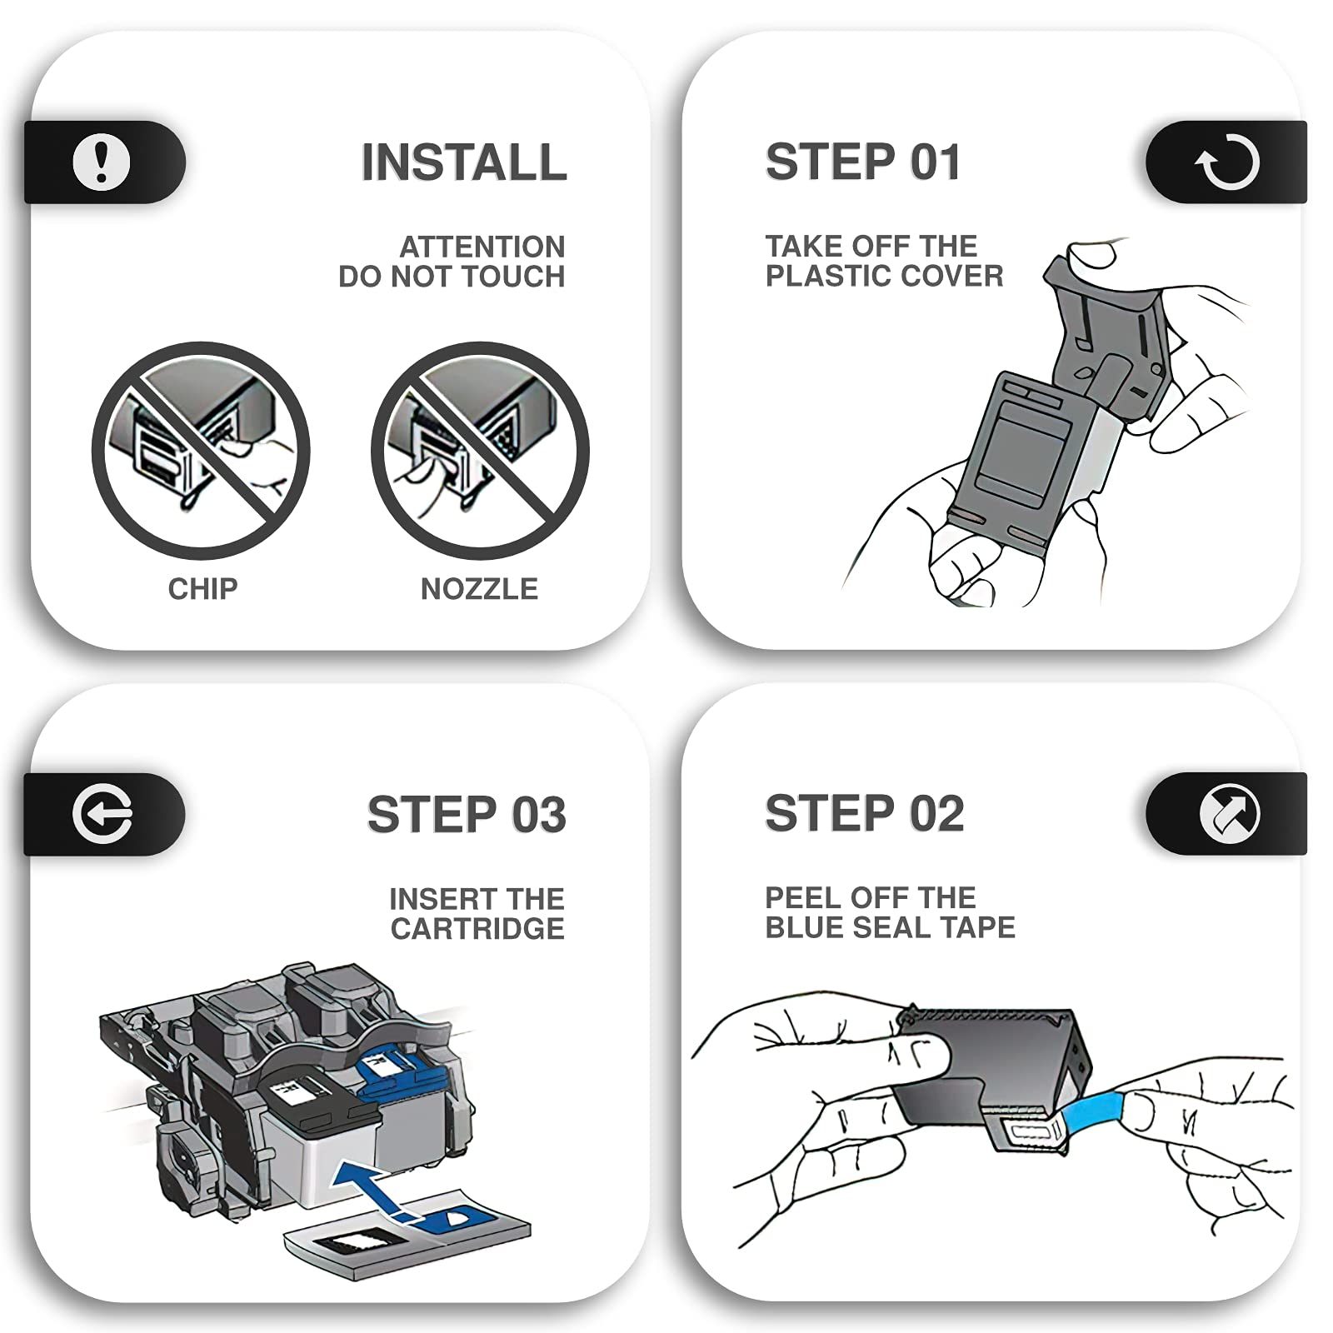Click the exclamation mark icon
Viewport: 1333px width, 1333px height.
[102, 162]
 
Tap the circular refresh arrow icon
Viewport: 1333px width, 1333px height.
[1227, 162]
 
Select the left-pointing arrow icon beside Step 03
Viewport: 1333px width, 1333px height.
[102, 814]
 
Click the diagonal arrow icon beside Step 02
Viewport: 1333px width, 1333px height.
[1230, 813]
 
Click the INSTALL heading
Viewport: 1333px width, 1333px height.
[464, 162]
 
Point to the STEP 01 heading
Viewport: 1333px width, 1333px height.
[863, 162]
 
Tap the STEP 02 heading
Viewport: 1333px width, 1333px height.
[865, 813]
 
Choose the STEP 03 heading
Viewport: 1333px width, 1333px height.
[467, 814]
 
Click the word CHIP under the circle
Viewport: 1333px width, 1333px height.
[202, 589]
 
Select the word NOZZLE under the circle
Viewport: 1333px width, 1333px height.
[479, 589]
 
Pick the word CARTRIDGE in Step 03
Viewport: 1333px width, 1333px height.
[477, 929]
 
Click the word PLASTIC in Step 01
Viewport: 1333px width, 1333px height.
[825, 276]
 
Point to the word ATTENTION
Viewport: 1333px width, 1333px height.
[482, 247]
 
